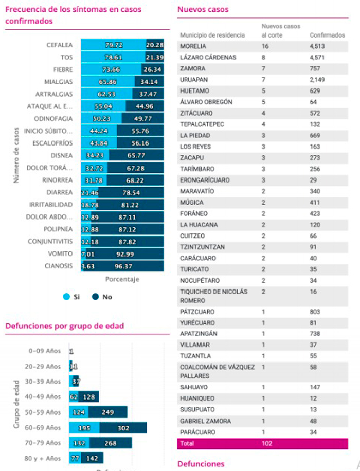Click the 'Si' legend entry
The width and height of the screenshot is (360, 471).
72,297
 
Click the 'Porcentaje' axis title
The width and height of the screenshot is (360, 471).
122,279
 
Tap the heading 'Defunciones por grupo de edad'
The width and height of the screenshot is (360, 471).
64,325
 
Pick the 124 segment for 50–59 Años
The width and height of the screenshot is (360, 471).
79,412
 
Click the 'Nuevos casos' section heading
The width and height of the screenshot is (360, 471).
203,9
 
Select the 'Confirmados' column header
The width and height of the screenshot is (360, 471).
327,35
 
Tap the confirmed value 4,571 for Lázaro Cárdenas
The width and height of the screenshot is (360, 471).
319,58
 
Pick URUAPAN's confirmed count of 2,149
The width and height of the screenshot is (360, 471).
319,80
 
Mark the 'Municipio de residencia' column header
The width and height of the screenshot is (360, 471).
212,35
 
